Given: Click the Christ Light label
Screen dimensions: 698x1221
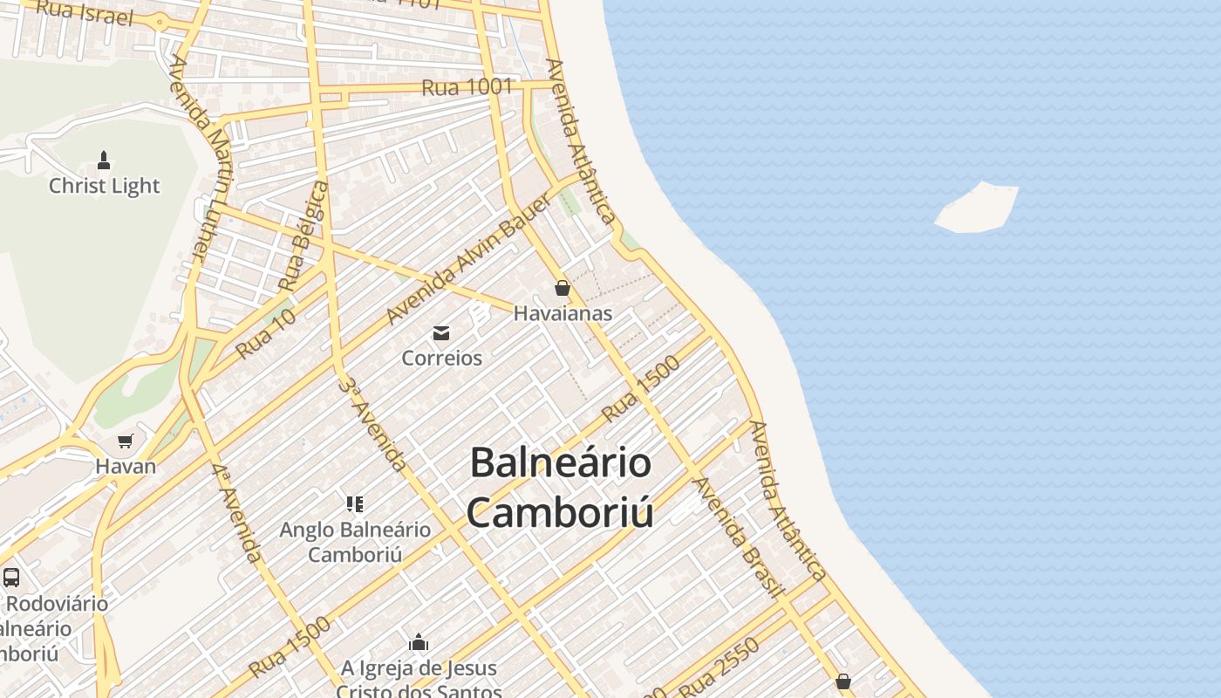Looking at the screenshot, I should pos(105,186).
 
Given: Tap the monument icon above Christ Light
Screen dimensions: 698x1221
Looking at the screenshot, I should pos(104,161).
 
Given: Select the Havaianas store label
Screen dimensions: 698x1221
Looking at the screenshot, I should pos(563,313).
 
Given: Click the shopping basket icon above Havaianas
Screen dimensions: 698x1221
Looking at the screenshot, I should pos(563,288).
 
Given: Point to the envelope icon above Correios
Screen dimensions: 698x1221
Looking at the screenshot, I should pos(441,332).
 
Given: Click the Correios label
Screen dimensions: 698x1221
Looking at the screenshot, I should pos(441,358).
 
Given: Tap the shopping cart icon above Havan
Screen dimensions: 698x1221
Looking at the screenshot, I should pos(126,441).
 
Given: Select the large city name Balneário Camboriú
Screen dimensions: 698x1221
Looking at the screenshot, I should pos(560,488).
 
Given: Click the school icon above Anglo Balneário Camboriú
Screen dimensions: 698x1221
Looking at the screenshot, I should pos(354,503).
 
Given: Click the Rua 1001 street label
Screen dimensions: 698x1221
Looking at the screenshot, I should pos(467,87).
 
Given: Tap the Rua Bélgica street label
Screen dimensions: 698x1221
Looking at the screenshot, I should pos(304,236).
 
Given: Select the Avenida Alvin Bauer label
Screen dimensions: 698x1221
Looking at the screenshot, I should pos(468,259).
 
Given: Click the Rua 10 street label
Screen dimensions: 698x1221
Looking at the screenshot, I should pos(266,332).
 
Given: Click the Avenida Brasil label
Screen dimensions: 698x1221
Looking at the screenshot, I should pos(737,537).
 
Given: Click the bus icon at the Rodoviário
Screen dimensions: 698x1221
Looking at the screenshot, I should pos(11,577).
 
